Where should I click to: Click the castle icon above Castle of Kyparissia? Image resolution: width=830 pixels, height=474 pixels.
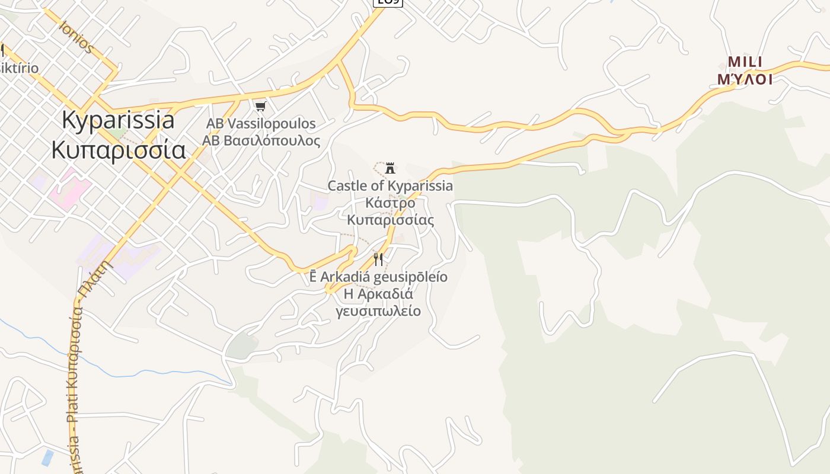pos(390,168)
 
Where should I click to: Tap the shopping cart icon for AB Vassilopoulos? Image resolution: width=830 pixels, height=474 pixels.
pos(260,107)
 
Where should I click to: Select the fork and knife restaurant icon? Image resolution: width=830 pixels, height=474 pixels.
pos(378,259)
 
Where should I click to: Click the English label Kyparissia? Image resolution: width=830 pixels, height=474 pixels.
pos(118,120)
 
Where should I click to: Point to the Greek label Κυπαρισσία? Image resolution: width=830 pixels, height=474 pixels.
pos(119,150)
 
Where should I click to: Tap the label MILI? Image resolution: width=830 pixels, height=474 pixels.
pos(745,62)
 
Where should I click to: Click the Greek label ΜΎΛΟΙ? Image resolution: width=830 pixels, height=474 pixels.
pos(745,79)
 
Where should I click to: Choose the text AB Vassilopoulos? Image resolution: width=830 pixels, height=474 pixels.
pos(261,124)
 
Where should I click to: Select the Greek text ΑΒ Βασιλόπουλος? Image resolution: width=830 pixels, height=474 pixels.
pos(261,141)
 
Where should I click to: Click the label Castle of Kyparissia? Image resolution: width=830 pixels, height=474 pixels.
pos(390,186)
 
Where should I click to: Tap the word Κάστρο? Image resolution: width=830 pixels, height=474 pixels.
pos(390,203)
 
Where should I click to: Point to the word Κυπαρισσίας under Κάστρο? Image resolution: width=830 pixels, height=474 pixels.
pos(390,220)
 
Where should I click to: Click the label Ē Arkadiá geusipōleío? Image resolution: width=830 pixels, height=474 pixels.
pos(378,277)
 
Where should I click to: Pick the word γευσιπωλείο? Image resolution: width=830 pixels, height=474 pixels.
pos(378,311)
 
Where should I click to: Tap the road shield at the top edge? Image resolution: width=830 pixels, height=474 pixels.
pos(388,2)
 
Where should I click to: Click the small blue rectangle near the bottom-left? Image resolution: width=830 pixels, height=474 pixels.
pos(47,457)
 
